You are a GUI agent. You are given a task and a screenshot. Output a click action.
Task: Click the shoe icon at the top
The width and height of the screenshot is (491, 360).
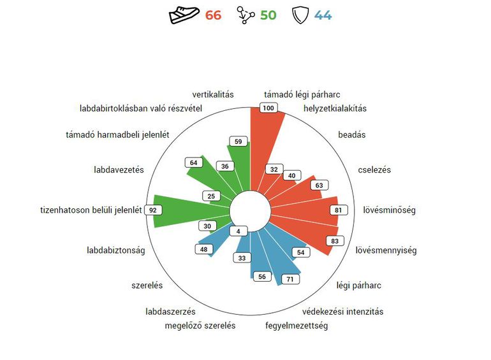[x=184, y=15]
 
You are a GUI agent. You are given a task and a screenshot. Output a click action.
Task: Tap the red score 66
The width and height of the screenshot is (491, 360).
[x=213, y=15]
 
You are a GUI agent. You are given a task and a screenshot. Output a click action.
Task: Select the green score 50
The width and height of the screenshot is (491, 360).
[x=268, y=15]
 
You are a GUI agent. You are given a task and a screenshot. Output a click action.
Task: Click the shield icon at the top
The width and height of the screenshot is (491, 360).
[x=300, y=15]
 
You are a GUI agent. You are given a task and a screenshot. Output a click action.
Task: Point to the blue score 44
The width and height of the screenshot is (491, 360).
[x=323, y=15]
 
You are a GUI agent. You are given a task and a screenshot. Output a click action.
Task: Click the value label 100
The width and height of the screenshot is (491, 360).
[x=268, y=108]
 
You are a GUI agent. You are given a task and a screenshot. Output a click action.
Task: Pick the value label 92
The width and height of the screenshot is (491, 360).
[x=153, y=210]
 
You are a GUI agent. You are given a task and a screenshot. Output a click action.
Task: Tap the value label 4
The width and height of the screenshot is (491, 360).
[x=238, y=231]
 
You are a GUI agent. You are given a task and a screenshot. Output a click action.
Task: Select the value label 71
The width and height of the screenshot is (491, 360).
[x=290, y=279]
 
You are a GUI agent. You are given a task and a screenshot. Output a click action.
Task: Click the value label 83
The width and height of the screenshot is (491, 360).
[x=335, y=241]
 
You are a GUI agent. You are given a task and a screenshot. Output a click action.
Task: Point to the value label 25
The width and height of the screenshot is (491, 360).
[x=211, y=196]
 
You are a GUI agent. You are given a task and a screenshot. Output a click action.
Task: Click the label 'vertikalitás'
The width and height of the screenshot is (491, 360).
[x=213, y=94]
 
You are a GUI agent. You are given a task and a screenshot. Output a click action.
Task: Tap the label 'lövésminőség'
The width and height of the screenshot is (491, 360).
[x=389, y=210]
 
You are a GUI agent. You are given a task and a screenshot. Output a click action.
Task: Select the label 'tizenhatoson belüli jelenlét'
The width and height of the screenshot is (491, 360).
[x=91, y=210]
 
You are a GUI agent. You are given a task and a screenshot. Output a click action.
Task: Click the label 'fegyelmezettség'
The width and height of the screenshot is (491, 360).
[x=297, y=326]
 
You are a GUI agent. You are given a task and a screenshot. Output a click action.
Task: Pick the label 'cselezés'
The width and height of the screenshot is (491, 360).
[x=374, y=169]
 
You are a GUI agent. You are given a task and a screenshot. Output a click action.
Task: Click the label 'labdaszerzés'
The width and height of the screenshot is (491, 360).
[x=170, y=312]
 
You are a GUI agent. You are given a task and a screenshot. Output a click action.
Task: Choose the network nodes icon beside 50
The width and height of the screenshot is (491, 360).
[x=246, y=15]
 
